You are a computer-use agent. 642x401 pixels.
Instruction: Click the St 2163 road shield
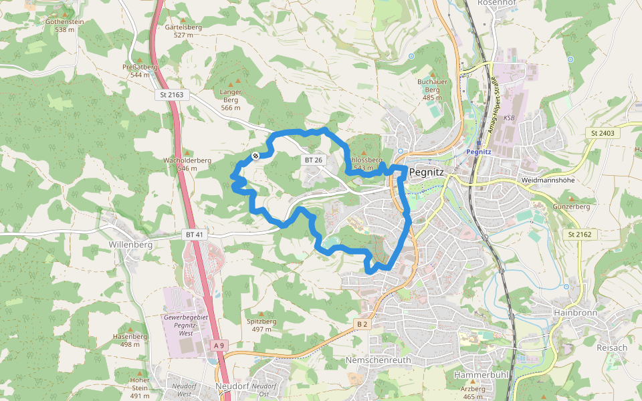click(x=172, y=95)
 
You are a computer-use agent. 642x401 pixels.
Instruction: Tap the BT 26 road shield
click(x=313, y=160)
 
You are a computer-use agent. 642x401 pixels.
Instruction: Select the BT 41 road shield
click(x=194, y=235)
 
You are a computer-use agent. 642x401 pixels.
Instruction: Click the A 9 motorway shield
click(x=218, y=345)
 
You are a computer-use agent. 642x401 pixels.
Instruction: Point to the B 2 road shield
click(x=362, y=324)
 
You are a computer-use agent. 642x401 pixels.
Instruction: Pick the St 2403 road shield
click(x=602, y=134)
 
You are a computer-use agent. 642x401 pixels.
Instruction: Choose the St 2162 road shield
click(x=580, y=235)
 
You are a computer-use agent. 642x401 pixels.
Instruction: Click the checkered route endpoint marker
click(x=255, y=156)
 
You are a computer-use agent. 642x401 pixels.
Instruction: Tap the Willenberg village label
click(x=130, y=245)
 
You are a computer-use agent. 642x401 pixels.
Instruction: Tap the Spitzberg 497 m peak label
click(x=261, y=325)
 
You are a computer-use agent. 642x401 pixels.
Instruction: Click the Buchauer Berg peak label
click(x=431, y=86)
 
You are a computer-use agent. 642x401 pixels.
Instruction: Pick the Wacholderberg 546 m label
click(x=187, y=164)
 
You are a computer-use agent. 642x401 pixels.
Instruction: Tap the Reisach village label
click(x=613, y=348)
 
